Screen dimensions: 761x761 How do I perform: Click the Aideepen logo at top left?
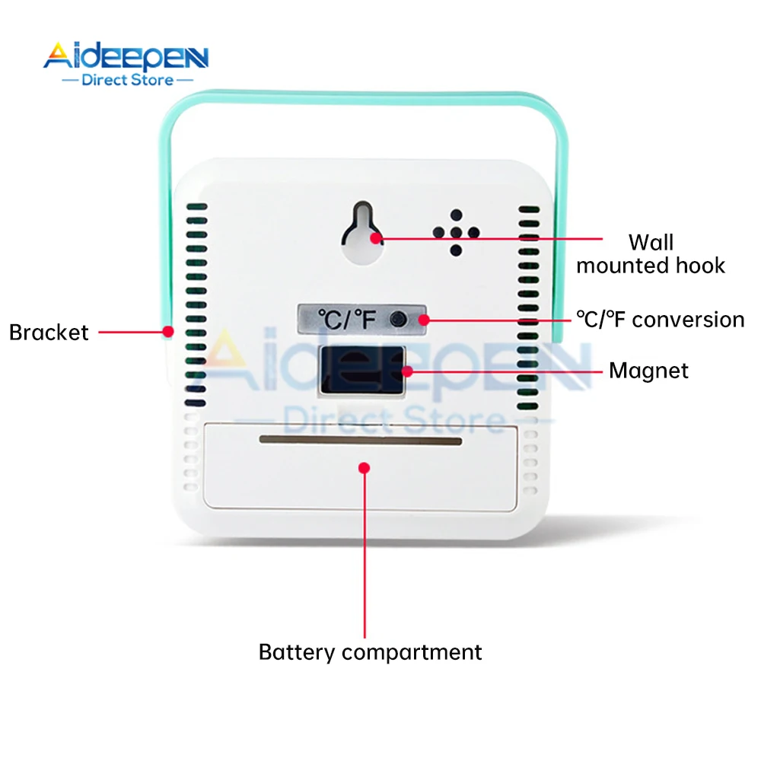point(126,56)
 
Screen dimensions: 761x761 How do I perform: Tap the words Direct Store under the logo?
point(128,79)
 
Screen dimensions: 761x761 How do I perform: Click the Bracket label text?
point(49,333)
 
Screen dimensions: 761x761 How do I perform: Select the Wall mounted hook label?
point(650,254)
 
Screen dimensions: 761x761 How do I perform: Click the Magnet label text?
point(648,371)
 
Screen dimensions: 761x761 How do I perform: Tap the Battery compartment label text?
point(370,652)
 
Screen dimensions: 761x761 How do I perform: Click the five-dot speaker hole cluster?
point(456,232)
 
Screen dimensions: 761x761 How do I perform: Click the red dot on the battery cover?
point(365,467)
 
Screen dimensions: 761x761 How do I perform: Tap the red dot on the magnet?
point(408,371)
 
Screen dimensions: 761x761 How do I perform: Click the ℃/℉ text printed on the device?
point(347,320)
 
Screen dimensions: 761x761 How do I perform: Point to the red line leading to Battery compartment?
point(365,556)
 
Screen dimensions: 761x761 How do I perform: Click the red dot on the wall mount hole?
point(377,238)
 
